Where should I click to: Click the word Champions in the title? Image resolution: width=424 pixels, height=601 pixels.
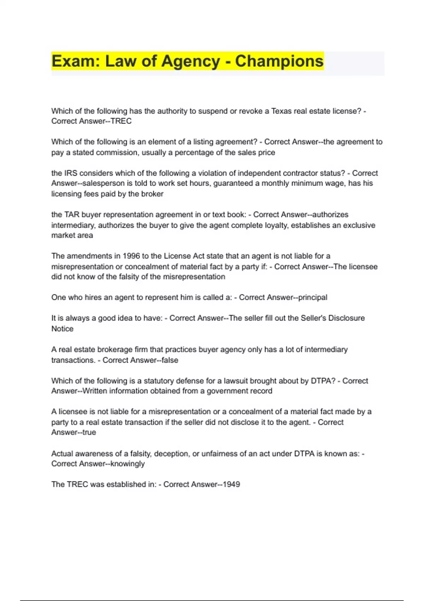(279, 61)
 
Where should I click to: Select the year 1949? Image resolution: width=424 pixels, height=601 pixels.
(231, 484)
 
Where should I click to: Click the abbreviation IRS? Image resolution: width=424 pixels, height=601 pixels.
(71, 173)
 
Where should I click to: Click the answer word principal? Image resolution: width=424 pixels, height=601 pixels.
(313, 297)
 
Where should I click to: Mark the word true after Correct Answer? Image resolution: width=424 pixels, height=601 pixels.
(89, 432)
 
